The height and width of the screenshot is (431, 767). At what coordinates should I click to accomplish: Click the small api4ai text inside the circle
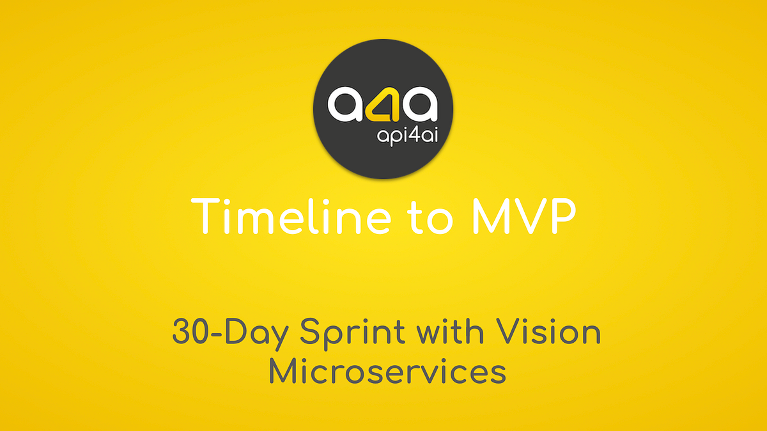[x=408, y=134]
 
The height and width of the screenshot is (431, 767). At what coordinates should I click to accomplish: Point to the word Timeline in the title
[x=291, y=216]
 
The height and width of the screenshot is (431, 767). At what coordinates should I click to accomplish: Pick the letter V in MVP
[x=524, y=216]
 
